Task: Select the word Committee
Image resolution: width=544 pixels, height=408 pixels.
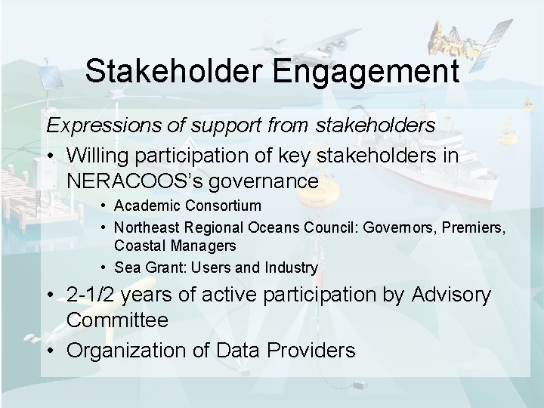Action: [x=117, y=320]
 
